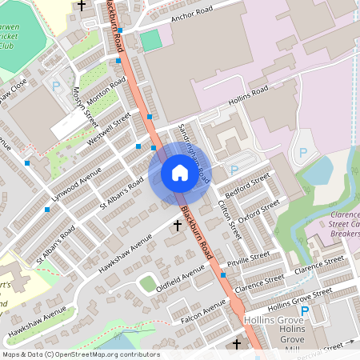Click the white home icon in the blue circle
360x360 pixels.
click(x=179, y=173)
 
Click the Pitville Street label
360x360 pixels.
click(x=249, y=259)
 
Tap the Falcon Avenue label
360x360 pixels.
click(x=204, y=312)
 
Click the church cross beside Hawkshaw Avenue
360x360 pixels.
click(x=178, y=226)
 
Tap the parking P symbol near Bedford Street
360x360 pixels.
click(x=234, y=170)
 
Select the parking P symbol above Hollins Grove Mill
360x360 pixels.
click(x=305, y=310)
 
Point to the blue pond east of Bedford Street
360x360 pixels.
click(x=318, y=170)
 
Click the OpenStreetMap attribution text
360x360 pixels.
click(x=80, y=354)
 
